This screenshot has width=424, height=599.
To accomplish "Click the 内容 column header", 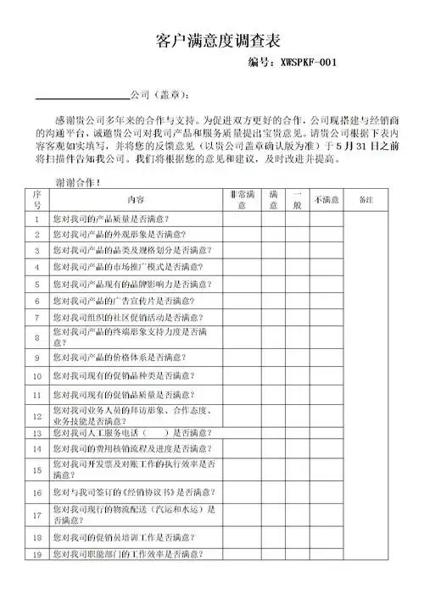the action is tap(136, 199).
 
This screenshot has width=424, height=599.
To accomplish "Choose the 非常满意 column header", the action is tap(242, 199).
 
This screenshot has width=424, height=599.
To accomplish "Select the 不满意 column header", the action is tap(326, 199).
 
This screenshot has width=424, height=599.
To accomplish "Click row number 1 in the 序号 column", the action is tap(38, 219).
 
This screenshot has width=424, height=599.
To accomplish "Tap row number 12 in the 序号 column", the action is tap(38, 415).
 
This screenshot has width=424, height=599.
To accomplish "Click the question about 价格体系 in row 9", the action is tap(120, 358).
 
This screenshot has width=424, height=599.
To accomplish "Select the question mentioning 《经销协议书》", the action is tap(132, 492).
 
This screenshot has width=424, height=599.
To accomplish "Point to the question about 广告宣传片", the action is tap(123, 301).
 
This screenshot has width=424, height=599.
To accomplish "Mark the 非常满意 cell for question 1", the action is tap(242, 219).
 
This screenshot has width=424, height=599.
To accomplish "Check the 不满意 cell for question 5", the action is tap(326, 284).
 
